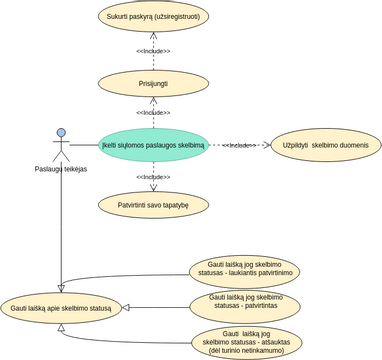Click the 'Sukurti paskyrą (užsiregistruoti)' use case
(x=153, y=18)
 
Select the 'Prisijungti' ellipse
(x=153, y=79)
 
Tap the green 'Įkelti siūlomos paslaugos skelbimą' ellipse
(x=153, y=146)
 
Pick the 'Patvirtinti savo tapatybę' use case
(x=153, y=204)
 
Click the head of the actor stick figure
(x=60, y=132)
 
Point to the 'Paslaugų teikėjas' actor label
(x=60, y=169)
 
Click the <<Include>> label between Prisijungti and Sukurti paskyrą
(x=153, y=50)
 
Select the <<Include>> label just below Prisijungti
(x=153, y=113)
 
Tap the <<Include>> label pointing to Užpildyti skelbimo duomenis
(x=239, y=146)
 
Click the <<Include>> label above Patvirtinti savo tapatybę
(x=153, y=177)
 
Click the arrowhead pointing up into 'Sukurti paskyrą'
(x=153, y=38)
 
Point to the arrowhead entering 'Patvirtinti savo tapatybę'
(x=153, y=186)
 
